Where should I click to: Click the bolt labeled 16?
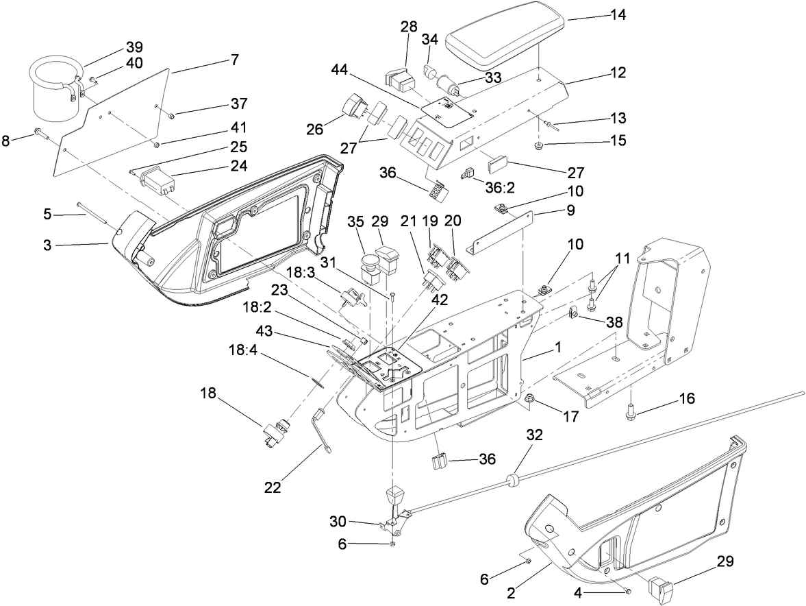coord(629,413)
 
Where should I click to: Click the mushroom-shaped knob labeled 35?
coord(371,263)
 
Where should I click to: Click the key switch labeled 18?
coord(275,434)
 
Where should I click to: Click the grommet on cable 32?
coord(512,478)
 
